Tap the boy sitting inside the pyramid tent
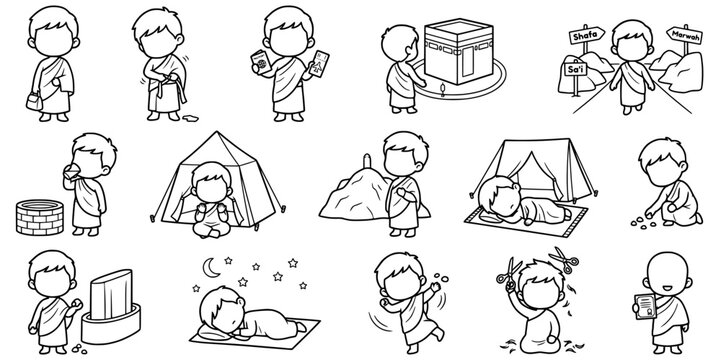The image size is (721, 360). tap(213, 205)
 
